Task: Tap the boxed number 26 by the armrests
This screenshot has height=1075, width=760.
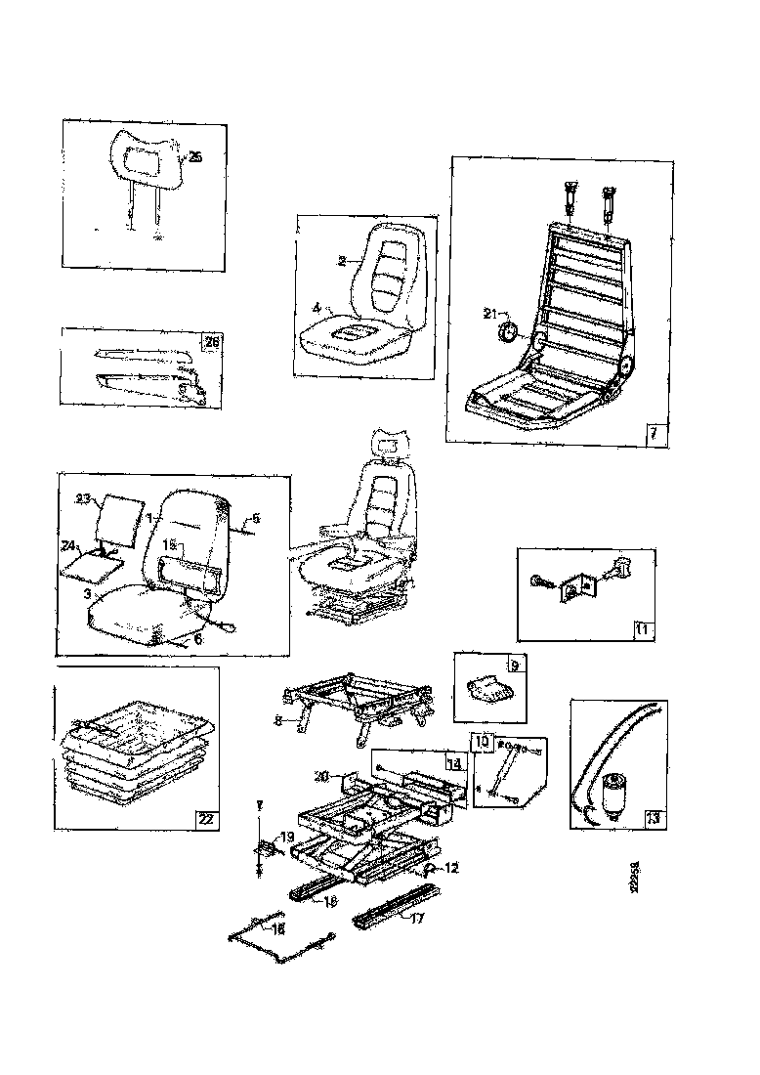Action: (x=210, y=340)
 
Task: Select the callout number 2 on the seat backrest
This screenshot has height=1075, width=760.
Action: (x=342, y=261)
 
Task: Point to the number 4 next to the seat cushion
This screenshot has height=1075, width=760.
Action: (x=317, y=307)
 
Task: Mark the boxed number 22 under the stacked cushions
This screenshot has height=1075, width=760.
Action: (x=205, y=819)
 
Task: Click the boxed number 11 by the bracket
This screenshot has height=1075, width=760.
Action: (x=641, y=628)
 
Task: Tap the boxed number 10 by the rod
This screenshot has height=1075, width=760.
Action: (x=483, y=742)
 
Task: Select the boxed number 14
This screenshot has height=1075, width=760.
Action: (x=452, y=760)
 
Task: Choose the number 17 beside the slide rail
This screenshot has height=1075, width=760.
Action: (x=417, y=919)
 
